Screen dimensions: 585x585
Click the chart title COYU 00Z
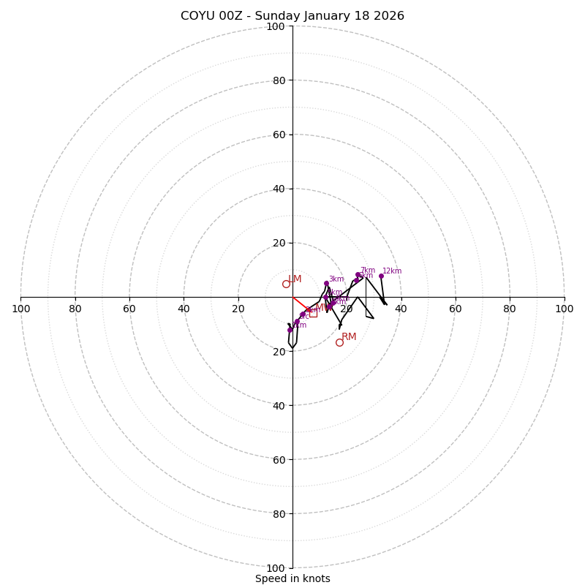click(292, 16)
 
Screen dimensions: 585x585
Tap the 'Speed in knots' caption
click(292, 578)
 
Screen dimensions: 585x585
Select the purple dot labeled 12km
click(381, 276)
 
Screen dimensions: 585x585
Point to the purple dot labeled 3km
click(326, 283)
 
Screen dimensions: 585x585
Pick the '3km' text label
click(336, 279)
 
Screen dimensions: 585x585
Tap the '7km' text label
click(368, 271)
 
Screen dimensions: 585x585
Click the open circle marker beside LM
click(286, 284)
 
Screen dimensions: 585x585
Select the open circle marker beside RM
click(339, 342)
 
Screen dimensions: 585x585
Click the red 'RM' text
click(350, 337)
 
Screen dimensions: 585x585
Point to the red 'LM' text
click(295, 279)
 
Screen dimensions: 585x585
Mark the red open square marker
click(313, 313)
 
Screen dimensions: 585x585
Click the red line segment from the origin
click(301, 303)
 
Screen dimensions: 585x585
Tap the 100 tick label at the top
click(276, 27)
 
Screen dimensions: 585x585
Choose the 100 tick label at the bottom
click(276, 568)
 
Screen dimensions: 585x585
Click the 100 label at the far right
click(565, 309)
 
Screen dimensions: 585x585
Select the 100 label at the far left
click(21, 309)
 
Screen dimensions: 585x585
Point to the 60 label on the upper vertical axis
click(279, 135)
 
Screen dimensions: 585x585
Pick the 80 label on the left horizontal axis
click(75, 309)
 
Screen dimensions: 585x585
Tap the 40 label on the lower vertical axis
click(279, 406)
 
